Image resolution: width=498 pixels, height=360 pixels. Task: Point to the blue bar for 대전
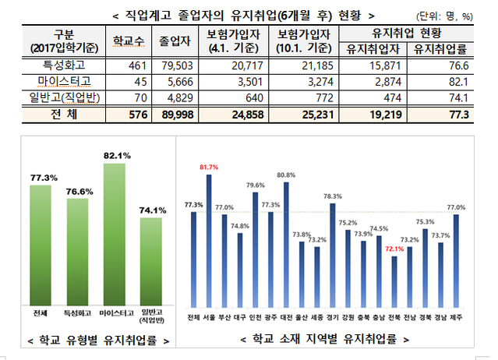[286, 244]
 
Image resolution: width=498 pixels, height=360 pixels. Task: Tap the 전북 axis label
[394, 316]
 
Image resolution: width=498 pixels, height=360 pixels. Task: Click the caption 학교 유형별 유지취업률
[97, 341]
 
